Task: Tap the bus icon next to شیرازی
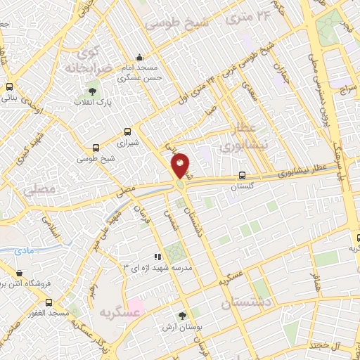(127, 131)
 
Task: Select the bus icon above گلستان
(242, 175)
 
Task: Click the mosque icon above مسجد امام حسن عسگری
(139, 58)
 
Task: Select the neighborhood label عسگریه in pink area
(116, 311)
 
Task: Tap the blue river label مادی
(23, 250)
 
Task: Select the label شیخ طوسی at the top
(173, 22)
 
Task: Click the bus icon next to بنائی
(9, 87)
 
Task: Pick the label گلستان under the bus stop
(242, 188)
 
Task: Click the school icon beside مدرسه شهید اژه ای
(158, 257)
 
